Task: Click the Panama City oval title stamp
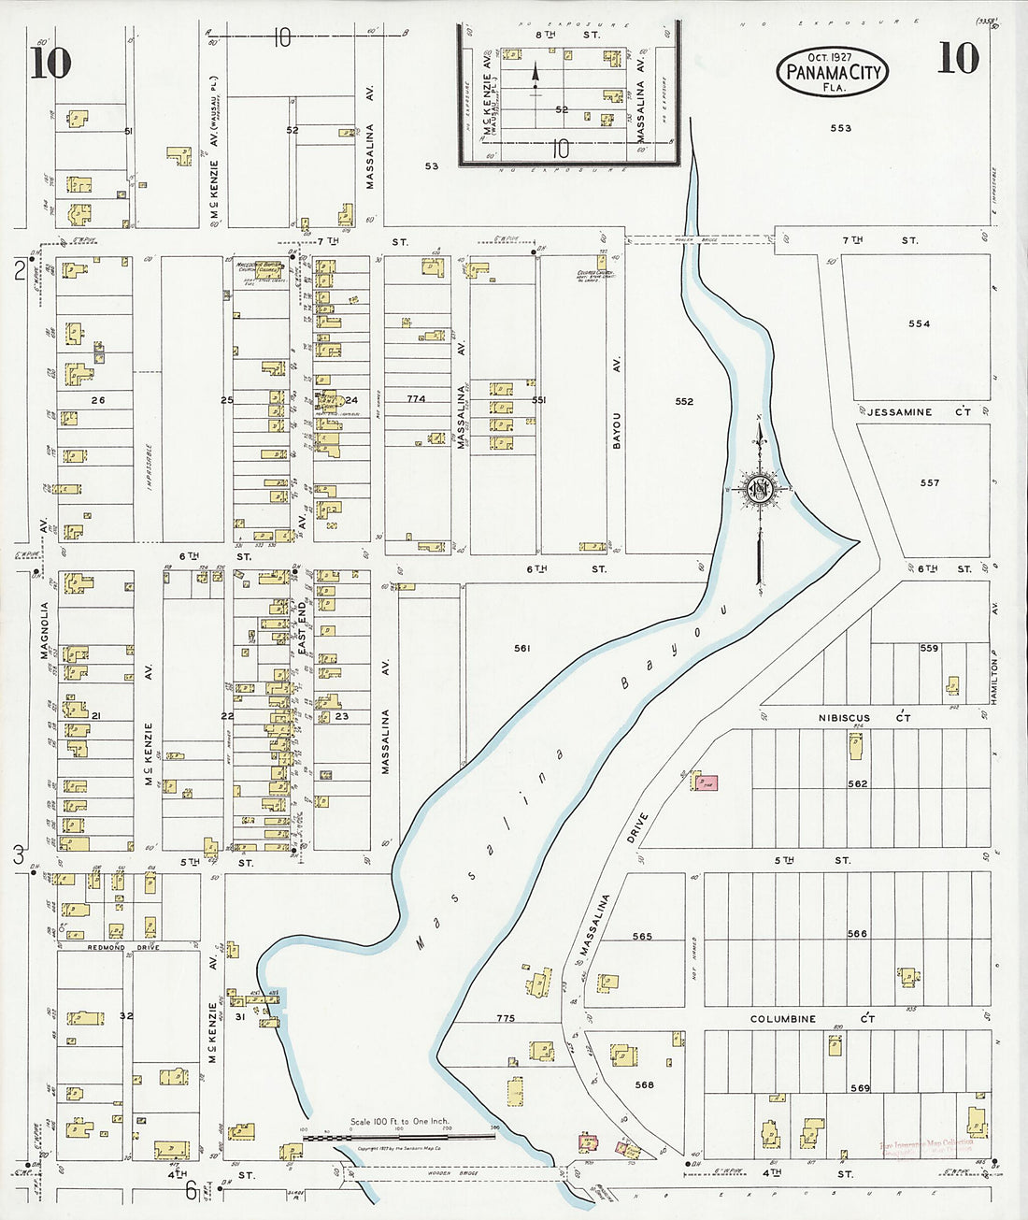[831, 72]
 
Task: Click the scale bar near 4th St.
[399, 1137]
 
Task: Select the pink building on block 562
[705, 782]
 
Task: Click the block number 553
[840, 128]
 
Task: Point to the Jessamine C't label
[919, 412]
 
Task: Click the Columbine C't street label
[812, 1019]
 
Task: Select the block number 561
[521, 648]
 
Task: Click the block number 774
[416, 399]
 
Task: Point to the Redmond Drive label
[111, 947]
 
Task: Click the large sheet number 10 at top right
[957, 59]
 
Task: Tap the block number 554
[919, 324]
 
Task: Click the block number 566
[856, 934]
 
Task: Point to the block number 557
[929, 483]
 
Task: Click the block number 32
[126, 1016]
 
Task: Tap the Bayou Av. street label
[617, 429]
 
